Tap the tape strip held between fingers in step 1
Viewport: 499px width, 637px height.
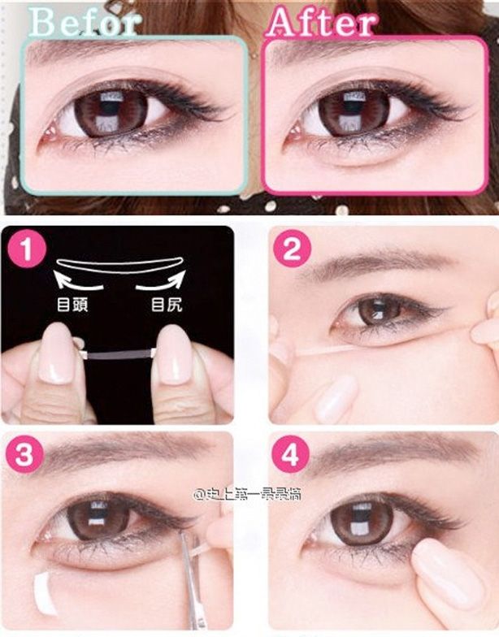[119, 353]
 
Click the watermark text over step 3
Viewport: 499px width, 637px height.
[246, 493]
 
